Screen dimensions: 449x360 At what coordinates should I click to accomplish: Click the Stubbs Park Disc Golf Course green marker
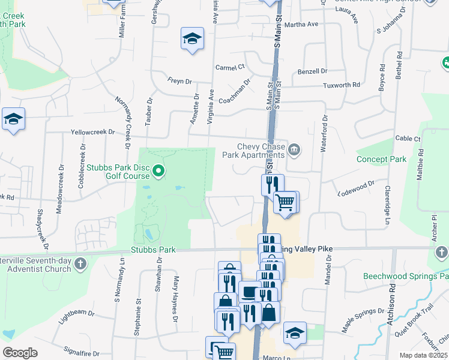(x=158, y=172)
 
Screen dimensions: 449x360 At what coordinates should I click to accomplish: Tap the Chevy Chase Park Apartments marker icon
(x=294, y=149)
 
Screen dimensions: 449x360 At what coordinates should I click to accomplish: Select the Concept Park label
(x=381, y=159)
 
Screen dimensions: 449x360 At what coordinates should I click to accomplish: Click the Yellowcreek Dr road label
(x=92, y=131)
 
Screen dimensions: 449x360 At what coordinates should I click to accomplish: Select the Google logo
(x=20, y=353)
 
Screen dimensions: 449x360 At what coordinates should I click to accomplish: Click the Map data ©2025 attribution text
(x=423, y=355)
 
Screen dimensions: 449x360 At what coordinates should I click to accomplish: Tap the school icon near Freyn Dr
(x=192, y=40)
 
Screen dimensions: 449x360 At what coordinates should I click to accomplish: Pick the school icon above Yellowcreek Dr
(x=13, y=119)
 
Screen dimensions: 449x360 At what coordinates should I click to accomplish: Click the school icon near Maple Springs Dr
(x=295, y=333)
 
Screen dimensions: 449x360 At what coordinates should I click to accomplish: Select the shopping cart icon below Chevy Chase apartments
(x=286, y=202)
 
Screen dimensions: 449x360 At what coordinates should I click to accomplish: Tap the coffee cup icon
(x=249, y=292)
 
